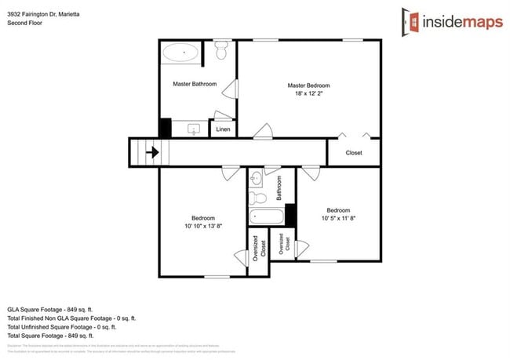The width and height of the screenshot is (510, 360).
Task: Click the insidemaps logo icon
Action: (x=409, y=21)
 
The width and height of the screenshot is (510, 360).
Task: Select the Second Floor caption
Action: (x=24, y=24)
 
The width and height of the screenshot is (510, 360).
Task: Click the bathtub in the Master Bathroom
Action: (x=181, y=53)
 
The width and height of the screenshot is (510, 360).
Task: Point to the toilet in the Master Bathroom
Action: (x=222, y=52)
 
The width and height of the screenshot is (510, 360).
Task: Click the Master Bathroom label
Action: (x=195, y=84)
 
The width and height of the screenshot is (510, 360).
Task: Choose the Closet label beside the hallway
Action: (x=354, y=153)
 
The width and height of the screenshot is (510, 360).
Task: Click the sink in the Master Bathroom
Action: (x=194, y=129)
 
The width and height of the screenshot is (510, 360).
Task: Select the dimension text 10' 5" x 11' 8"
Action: (x=338, y=219)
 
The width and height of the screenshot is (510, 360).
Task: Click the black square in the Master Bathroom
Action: (x=166, y=127)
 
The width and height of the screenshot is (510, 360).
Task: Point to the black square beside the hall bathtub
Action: (x=290, y=214)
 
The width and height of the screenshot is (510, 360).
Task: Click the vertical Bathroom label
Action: (x=279, y=189)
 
